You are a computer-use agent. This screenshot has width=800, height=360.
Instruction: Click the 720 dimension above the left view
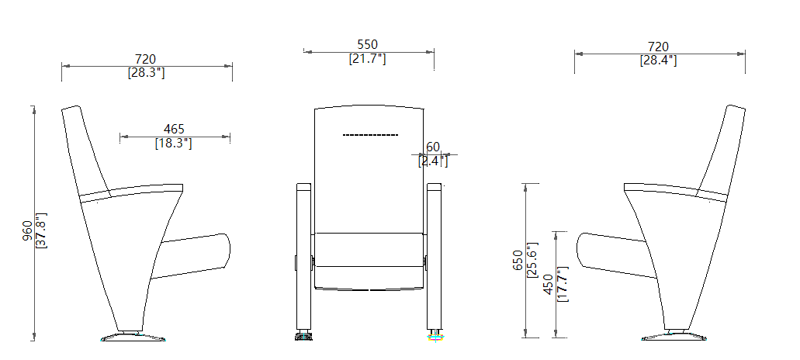tap(146, 59)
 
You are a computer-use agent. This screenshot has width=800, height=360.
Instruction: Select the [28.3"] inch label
tap(146, 72)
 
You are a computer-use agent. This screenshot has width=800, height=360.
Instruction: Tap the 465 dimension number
tap(174, 129)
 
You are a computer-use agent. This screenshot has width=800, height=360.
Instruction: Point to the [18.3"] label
tap(174, 143)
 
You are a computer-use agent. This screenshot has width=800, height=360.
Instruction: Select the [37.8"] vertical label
tap(42, 230)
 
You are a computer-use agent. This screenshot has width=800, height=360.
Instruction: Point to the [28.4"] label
tap(658, 60)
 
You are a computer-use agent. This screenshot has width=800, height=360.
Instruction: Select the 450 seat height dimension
tap(548, 284)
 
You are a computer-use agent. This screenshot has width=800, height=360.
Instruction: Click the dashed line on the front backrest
tap(370, 134)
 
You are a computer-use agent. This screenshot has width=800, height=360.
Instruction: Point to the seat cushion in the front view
tap(369, 261)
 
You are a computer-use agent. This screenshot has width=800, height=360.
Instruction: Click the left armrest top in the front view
tap(303, 186)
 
